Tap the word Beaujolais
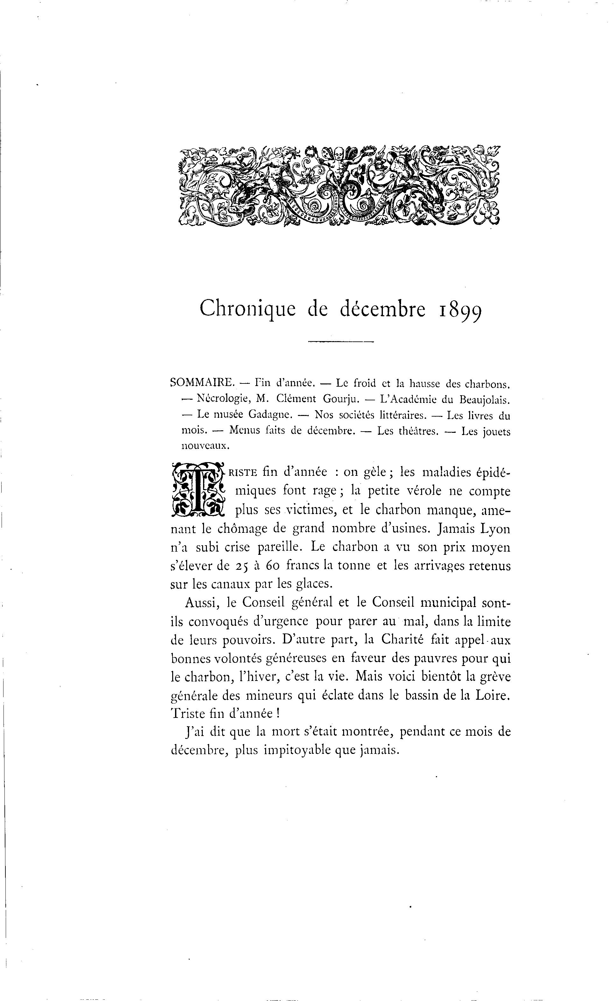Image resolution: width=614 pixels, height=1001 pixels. point(484,400)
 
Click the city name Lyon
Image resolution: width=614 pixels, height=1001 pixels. point(495,529)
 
